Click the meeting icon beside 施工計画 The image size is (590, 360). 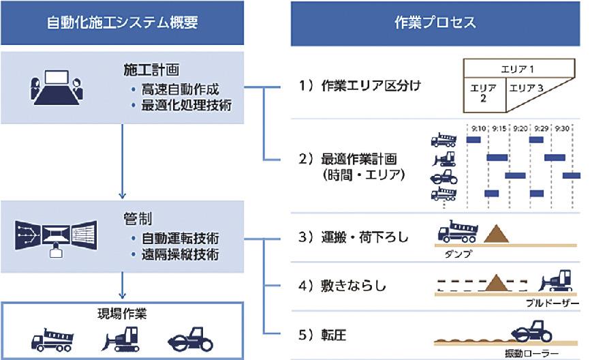point(56,89)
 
